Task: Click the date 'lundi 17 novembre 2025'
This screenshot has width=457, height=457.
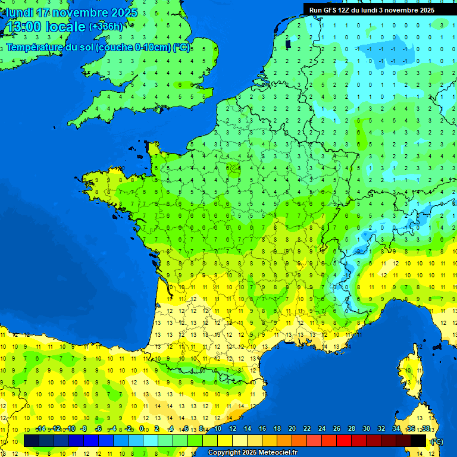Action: coord(71,12)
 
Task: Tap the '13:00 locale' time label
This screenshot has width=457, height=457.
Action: coord(46,27)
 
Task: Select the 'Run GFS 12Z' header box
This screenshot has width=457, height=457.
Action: coord(372,10)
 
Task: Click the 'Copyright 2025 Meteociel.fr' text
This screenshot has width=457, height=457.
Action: coord(252,452)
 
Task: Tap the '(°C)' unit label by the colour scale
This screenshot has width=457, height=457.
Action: coord(436,441)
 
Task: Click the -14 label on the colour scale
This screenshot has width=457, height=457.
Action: coord(41,428)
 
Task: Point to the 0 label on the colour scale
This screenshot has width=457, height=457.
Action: coord(142,428)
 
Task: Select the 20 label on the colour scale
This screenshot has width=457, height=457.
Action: coord(292,428)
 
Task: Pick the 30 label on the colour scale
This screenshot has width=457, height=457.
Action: coord(366,428)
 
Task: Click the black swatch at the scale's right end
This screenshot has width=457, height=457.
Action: coord(418,440)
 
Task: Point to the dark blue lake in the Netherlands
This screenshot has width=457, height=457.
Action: coord(288,43)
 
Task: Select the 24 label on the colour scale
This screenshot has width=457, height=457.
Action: coord(321,428)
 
